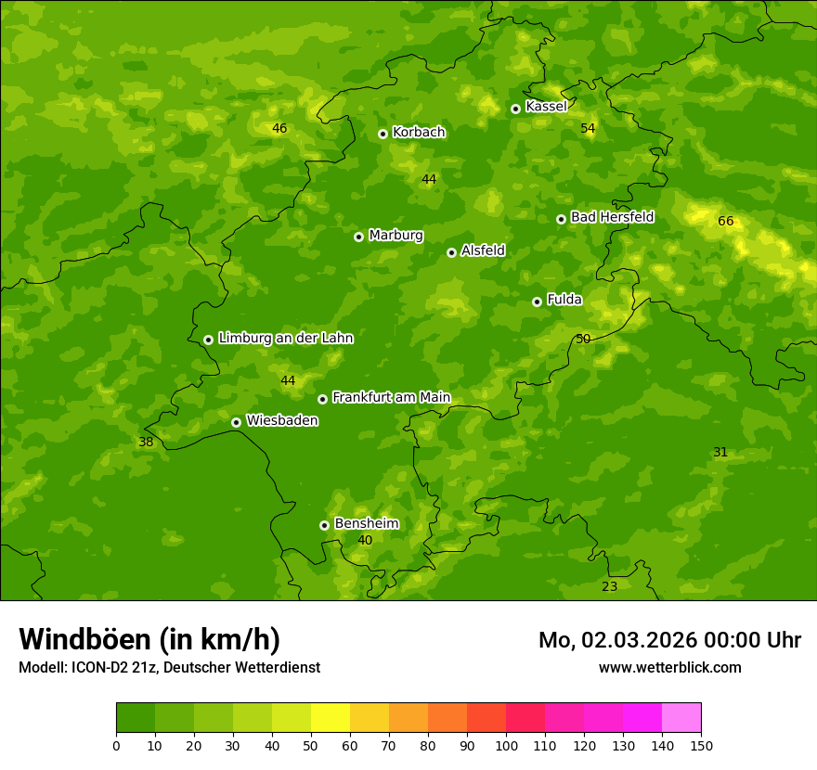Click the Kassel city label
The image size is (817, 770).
[x=546, y=107]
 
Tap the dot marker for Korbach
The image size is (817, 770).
[x=383, y=134]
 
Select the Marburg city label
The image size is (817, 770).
[x=396, y=236]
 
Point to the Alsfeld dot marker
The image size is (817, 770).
[x=451, y=252]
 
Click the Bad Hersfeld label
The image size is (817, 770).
[x=612, y=217]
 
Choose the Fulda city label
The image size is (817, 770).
[x=564, y=300]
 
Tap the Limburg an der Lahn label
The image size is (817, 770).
[x=285, y=339]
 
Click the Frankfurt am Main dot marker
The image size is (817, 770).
[x=322, y=399]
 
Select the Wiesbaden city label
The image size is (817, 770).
[x=282, y=420]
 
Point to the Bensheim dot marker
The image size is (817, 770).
[x=324, y=525]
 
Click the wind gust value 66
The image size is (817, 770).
[x=726, y=221]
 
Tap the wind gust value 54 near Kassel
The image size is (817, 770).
[x=588, y=128]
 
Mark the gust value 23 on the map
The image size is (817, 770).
[x=610, y=586]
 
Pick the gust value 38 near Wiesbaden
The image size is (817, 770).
[x=146, y=442]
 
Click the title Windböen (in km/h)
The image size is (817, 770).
[x=149, y=639]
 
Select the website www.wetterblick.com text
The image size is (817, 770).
[x=669, y=667]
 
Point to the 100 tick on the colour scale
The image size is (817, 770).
[x=506, y=745]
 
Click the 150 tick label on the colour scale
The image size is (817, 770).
[x=701, y=745]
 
